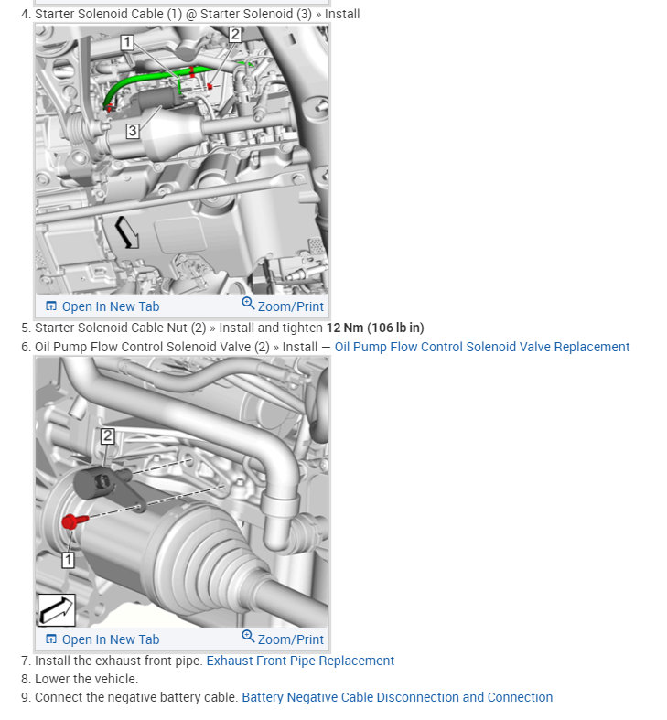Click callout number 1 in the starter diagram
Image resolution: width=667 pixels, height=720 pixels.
pos(126,42)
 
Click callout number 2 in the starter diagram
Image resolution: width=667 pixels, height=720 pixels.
pos(235,35)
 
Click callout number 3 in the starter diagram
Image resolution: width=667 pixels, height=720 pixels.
pos(133,131)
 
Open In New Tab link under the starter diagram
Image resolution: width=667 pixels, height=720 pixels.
pos(102,306)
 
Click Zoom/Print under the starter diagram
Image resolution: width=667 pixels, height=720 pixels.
pos(283,306)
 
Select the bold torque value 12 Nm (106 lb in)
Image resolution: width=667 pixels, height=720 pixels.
pos(375,328)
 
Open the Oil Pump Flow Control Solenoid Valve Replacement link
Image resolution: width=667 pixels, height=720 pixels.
pos(482,347)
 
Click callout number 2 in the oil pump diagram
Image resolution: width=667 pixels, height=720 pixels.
pos(107,435)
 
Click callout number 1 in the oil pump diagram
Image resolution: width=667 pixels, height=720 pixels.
pos(68,559)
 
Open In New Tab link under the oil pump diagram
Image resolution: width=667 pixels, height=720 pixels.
pos(102,639)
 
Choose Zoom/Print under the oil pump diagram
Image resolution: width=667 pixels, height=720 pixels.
pos(283,639)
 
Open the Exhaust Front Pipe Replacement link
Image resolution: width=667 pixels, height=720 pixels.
pos(300,661)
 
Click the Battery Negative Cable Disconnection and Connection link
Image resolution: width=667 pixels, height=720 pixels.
pos(397,697)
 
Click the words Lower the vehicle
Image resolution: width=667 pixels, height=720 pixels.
pos(86,679)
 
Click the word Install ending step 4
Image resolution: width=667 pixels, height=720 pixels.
pos(342,14)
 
